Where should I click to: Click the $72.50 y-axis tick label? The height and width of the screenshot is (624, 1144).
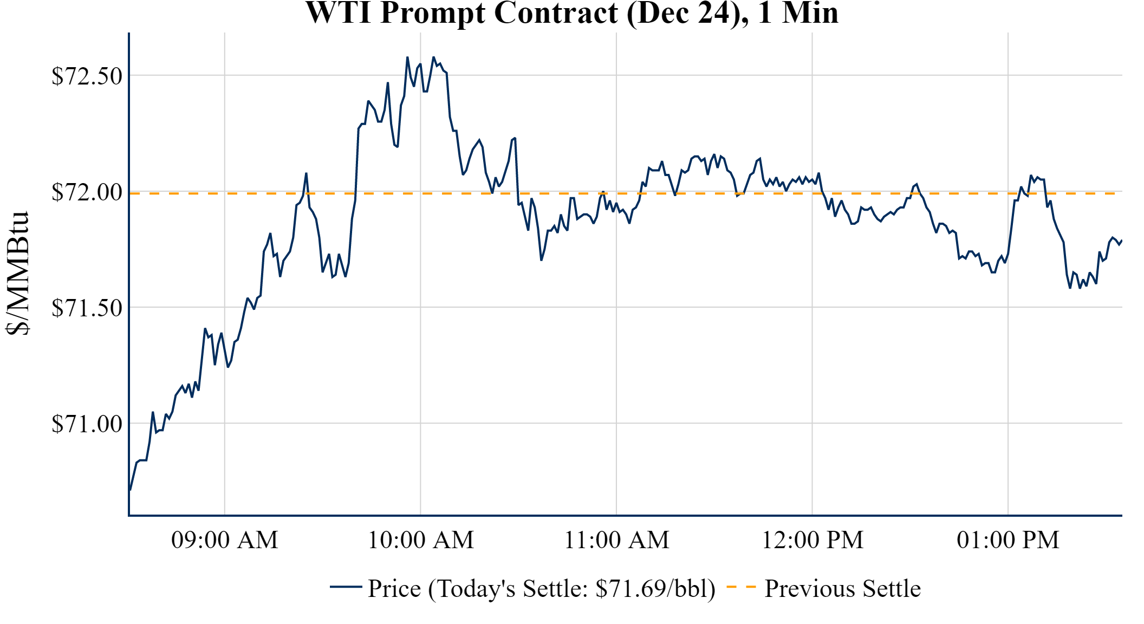[87, 76]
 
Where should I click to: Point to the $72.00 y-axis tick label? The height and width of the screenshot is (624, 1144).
[87, 192]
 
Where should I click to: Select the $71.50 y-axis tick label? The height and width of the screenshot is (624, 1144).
[87, 308]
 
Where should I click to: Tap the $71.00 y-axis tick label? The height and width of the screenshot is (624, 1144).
[87, 424]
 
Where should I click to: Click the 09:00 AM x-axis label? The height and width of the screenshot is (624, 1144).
[224, 540]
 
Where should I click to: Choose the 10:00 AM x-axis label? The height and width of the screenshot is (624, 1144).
[420, 540]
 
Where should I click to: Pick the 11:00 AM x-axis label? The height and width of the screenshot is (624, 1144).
[616, 540]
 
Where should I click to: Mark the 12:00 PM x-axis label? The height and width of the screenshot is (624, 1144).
[812, 540]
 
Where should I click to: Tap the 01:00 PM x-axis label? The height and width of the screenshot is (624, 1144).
[1008, 540]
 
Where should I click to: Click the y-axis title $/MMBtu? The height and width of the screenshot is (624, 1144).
[18, 274]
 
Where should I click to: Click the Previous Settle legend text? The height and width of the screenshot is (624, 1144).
[842, 589]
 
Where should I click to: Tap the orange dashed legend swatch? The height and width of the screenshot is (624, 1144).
[740, 587]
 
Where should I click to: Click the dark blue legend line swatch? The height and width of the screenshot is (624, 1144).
[346, 587]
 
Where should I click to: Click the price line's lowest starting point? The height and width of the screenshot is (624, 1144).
[130, 490]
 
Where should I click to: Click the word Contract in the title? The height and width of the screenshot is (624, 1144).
[556, 13]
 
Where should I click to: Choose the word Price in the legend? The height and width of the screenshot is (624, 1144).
[394, 589]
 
